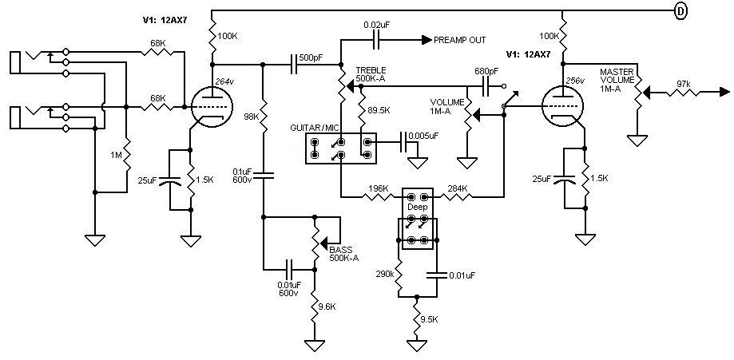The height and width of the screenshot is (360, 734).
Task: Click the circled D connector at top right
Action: click(x=680, y=11)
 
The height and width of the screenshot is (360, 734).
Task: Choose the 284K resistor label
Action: click(x=458, y=189)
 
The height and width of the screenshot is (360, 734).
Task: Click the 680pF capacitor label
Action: click(x=486, y=71)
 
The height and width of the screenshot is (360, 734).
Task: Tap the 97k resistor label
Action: click(x=684, y=82)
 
